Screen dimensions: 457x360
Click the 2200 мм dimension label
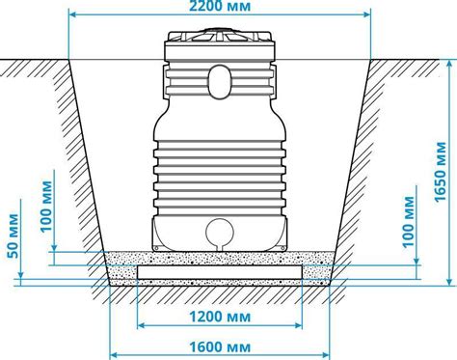tap(220, 6)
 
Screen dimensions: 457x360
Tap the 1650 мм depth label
tap(440, 172)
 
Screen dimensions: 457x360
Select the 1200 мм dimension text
tap(220, 317)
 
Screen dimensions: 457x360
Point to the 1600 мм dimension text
tap(220, 347)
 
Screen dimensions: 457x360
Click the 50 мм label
tap(13, 235)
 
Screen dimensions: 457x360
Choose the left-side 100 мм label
tap(46, 207)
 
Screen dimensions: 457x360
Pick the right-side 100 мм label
tap(409, 221)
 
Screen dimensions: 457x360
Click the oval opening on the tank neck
tap(220, 81)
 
